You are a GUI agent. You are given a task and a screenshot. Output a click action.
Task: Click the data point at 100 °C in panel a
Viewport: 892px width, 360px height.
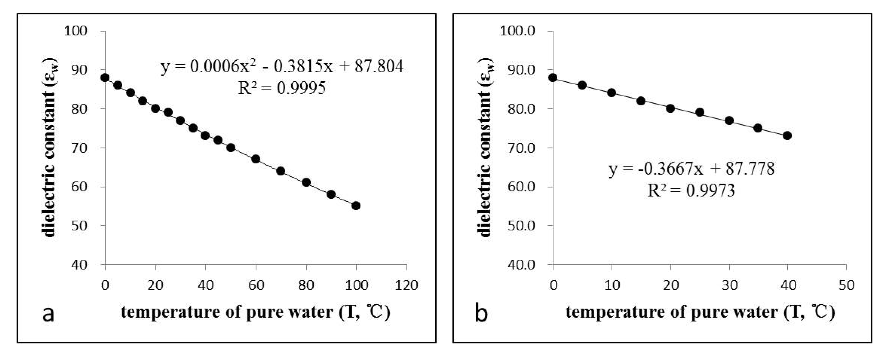click(x=356, y=206)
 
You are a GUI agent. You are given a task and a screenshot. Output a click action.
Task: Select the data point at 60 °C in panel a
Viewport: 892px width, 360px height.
click(x=256, y=159)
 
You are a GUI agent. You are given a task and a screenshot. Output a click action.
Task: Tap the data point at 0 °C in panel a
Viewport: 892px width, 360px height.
click(x=105, y=78)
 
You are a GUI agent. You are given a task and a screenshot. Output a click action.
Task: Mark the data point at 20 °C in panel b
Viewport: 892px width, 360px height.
click(x=670, y=109)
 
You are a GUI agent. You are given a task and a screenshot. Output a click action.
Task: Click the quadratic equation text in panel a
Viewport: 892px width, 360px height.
click(x=282, y=67)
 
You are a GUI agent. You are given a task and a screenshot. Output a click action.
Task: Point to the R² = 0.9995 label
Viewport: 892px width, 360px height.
click(x=282, y=88)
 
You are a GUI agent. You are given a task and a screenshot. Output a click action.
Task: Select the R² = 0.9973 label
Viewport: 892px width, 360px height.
click(x=691, y=190)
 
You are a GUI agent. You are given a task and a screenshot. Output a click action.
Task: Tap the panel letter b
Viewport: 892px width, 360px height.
click(x=481, y=314)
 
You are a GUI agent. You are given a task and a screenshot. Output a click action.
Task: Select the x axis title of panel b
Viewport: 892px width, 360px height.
click(x=700, y=312)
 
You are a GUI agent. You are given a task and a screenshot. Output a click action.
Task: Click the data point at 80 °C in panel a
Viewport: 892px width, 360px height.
click(x=306, y=182)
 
